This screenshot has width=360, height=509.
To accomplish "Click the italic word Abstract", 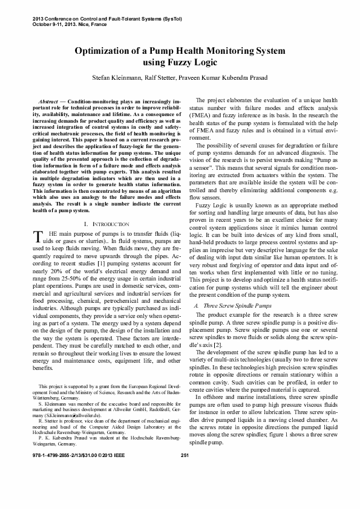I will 47,97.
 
